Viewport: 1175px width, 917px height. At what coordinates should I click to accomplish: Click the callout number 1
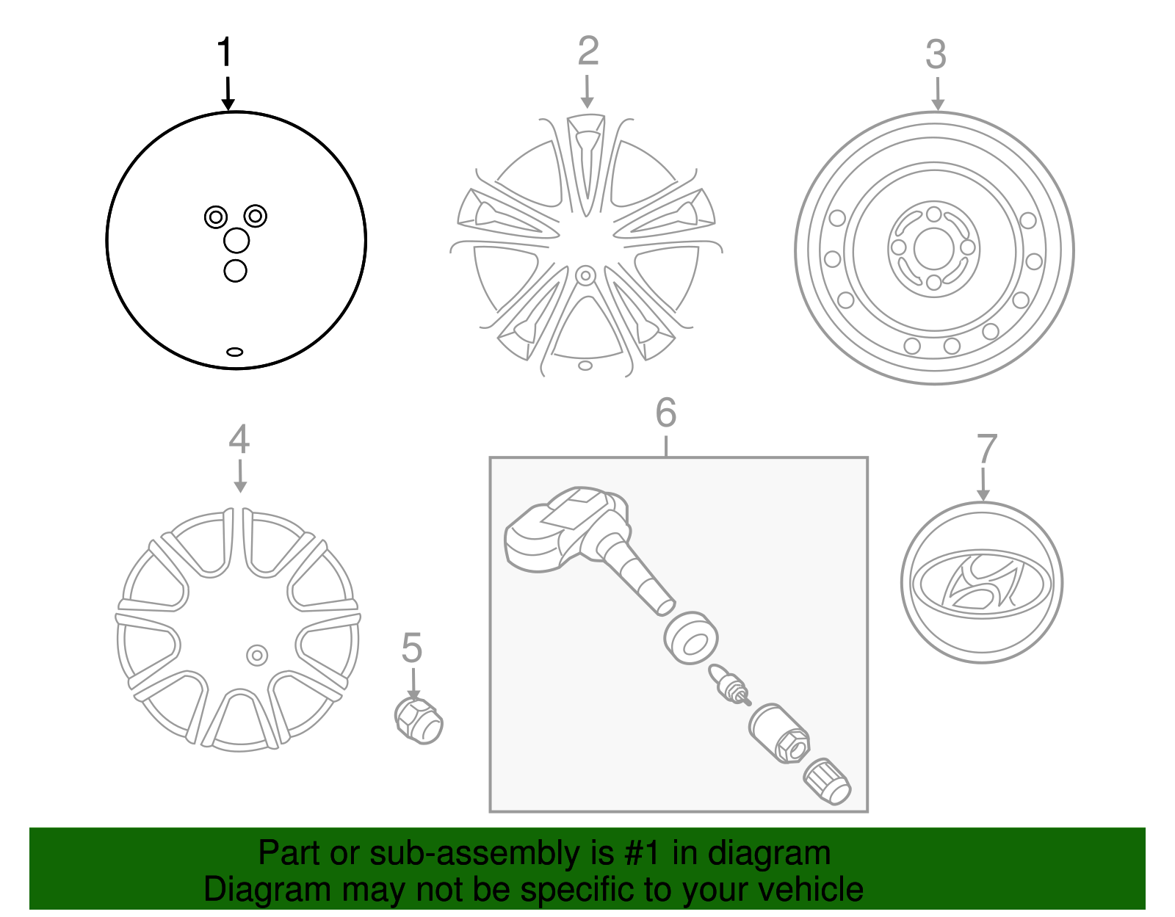coord(225,53)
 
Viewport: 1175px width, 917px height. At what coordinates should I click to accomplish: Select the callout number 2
coord(587,51)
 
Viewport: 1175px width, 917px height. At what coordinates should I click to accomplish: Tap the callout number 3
coord(936,54)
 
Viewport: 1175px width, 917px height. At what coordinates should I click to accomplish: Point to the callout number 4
coord(239,439)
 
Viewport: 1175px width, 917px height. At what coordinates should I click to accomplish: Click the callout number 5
coord(411,648)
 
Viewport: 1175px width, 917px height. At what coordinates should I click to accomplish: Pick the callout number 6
coord(665,413)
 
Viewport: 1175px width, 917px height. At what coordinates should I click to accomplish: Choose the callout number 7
coord(986,449)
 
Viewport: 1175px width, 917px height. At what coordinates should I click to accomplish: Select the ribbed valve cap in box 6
coord(827,783)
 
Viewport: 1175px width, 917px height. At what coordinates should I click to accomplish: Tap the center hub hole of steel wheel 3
coord(933,249)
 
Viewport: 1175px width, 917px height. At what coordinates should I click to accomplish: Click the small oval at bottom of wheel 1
coord(234,352)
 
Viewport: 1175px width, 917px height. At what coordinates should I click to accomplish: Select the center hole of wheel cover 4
coord(256,655)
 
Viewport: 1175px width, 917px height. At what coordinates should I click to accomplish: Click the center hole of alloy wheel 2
coord(585,276)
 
